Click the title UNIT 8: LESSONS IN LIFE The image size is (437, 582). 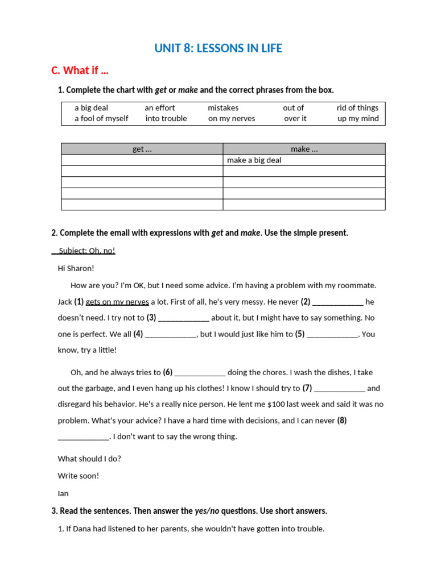(218, 48)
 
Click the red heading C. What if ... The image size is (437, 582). (80, 70)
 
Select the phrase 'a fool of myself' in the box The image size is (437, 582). (101, 118)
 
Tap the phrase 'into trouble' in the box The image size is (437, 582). (166, 118)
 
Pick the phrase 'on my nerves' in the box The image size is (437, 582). (232, 118)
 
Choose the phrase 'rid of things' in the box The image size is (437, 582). (357, 107)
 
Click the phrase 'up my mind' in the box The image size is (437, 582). (358, 118)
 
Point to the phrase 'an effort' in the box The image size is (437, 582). (160, 107)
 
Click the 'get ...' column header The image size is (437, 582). (142, 149)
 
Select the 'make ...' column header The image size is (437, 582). (304, 149)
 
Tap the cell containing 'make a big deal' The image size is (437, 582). (254, 160)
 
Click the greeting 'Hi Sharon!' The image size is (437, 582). (76, 268)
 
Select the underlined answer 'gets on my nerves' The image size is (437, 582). (117, 302)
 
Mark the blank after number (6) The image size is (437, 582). (200, 373)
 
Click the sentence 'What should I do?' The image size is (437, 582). (89, 459)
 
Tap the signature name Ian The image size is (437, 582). (63, 493)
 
